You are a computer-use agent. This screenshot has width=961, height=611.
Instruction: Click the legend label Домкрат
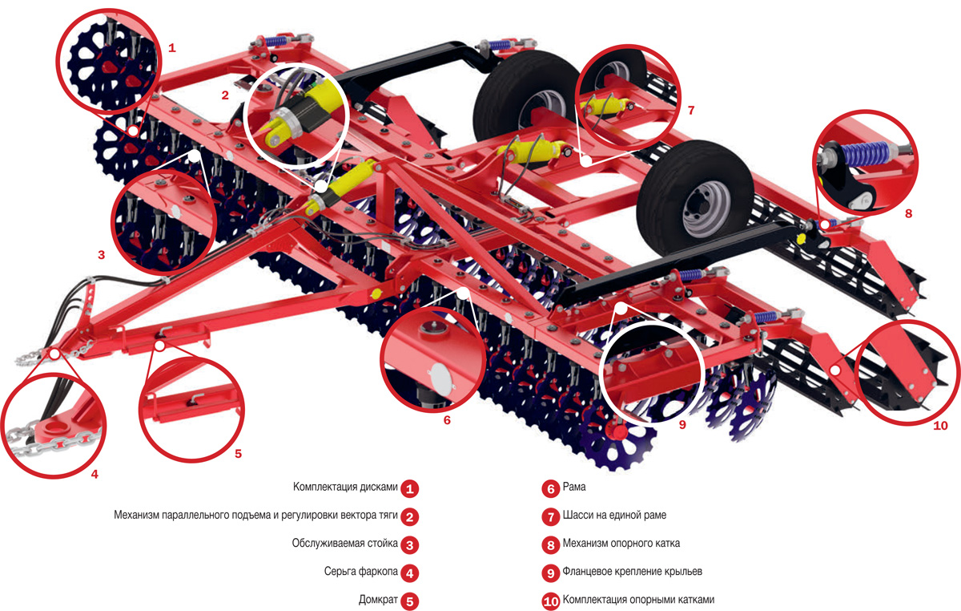point(378,600)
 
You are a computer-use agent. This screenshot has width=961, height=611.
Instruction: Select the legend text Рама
point(574,487)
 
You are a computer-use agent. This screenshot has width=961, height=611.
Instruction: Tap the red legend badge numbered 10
point(551,601)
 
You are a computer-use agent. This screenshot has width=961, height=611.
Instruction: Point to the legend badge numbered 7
point(551,517)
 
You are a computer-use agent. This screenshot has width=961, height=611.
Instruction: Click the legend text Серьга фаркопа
point(361,572)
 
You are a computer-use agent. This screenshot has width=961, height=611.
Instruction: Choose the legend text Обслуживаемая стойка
point(345,543)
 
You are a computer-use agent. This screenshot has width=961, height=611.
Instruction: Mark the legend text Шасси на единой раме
point(614,515)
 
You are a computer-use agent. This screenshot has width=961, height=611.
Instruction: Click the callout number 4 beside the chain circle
point(94,475)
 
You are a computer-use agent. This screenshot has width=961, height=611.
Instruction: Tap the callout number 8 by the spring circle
point(908,213)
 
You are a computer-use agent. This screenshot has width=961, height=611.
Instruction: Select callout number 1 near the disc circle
point(172,47)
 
